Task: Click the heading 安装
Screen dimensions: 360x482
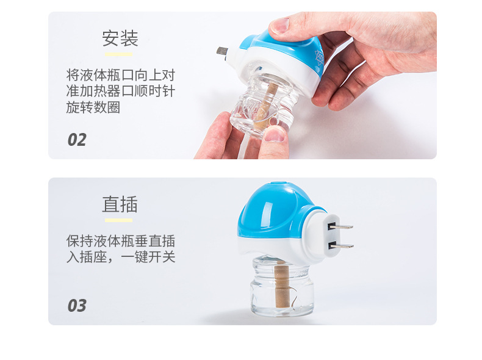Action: [120, 39]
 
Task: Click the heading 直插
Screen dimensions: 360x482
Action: [120, 204]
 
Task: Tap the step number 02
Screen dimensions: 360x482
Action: [77, 140]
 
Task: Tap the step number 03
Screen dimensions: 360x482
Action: [77, 305]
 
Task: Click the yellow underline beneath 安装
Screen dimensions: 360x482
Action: [118, 54]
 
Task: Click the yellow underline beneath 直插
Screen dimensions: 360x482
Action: [118, 220]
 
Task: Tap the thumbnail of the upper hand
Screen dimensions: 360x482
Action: [279, 25]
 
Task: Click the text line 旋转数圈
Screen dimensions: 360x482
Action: [93, 107]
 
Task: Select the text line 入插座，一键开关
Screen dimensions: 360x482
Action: [121, 257]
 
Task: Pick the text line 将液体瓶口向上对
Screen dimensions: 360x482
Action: [121, 76]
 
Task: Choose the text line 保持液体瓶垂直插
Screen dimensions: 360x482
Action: [121, 241]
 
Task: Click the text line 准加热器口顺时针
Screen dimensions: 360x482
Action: [121, 92]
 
